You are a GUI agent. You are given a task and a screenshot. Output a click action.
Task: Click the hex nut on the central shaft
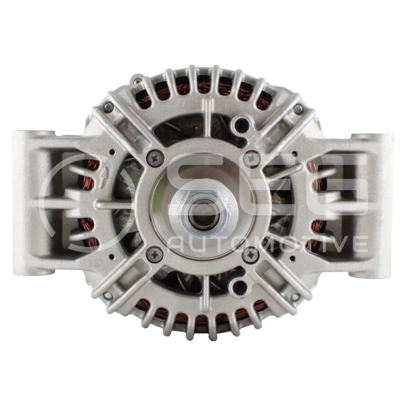(203, 213)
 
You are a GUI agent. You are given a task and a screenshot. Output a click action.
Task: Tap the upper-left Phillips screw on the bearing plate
(156, 158)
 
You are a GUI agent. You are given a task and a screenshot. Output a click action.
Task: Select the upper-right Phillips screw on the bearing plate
(251, 158)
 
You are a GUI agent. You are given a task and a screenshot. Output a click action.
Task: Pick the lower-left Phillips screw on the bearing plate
(154, 254)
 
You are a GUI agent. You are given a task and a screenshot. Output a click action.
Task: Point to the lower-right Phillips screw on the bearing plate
(250, 255)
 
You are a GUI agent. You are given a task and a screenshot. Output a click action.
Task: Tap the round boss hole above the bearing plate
(241, 125)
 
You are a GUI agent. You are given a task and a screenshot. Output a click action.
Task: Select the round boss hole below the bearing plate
(240, 286)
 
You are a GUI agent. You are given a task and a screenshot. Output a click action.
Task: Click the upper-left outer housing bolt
(108, 107)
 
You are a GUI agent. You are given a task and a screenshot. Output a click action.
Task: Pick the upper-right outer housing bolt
(299, 109)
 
